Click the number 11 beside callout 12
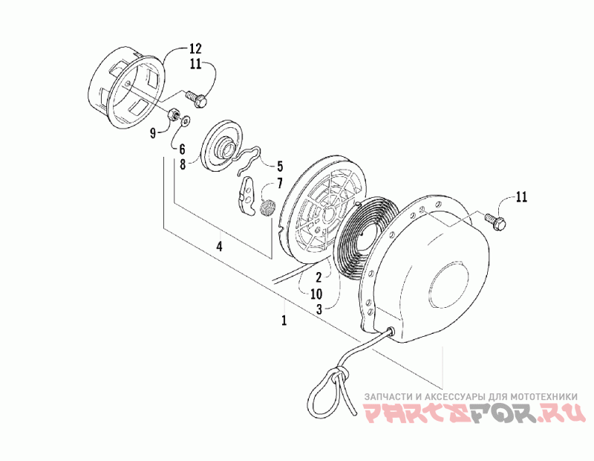coord(195,65)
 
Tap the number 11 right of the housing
coord(521,197)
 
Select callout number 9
coord(154,133)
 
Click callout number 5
coord(280,165)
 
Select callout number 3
coord(317,309)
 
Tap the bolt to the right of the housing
coord(494,219)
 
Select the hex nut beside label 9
coord(172,115)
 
